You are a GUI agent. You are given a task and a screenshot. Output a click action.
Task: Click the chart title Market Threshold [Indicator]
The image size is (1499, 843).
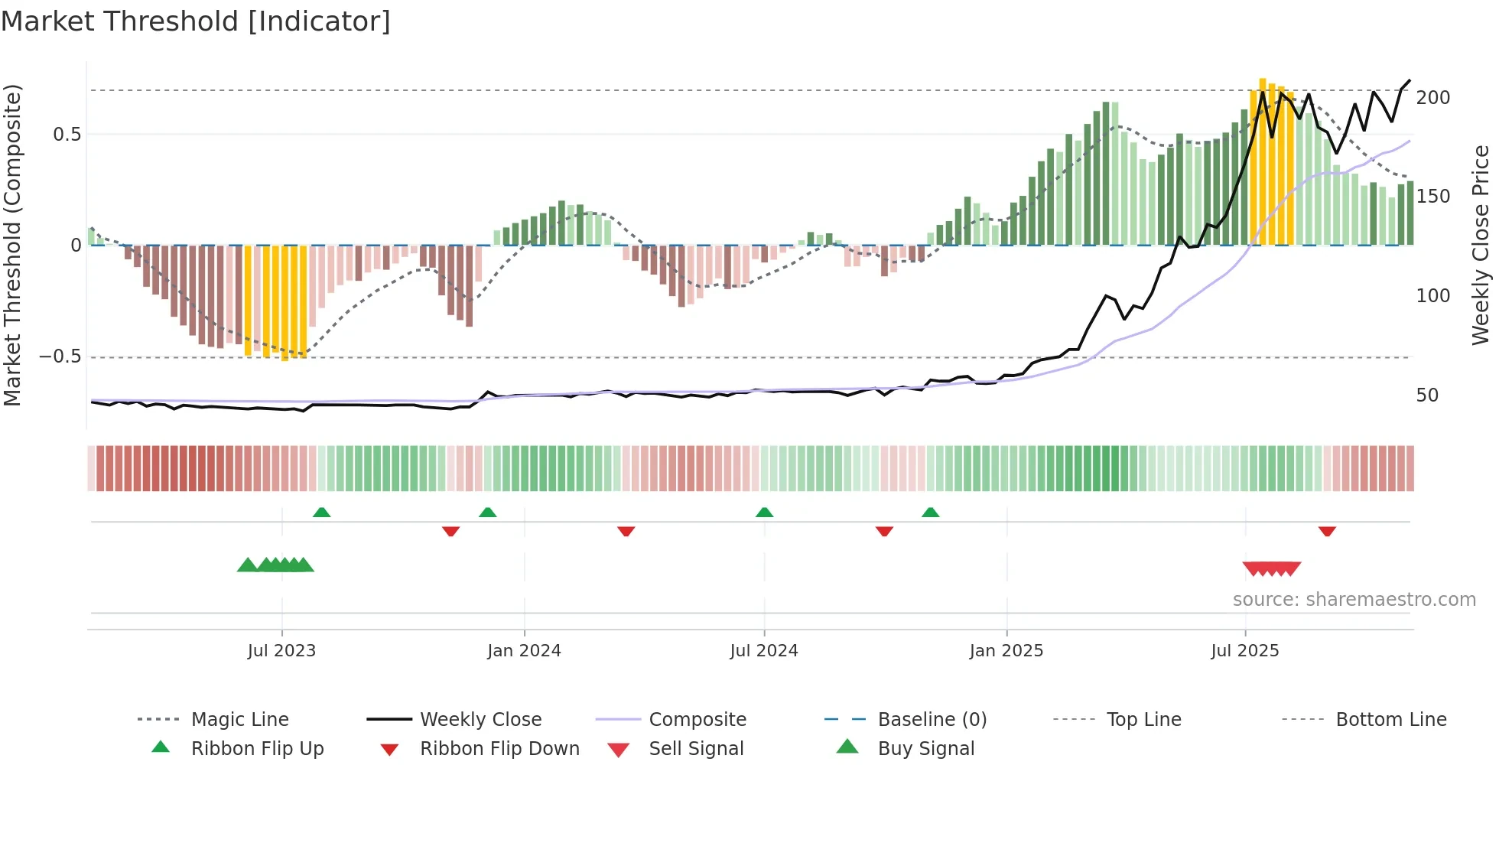point(196,21)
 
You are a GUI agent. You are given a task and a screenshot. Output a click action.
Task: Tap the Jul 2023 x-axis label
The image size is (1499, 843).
point(281,651)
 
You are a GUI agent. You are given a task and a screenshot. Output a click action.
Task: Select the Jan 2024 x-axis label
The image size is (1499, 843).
point(524,651)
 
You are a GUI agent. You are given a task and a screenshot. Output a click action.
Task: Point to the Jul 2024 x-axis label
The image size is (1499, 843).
point(764,651)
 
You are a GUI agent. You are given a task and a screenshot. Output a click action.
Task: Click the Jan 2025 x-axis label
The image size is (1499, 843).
point(1006,651)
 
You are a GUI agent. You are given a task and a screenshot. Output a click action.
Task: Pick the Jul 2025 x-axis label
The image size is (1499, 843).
point(1244,651)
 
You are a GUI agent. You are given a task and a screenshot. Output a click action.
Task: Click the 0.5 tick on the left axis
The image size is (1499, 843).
point(67,135)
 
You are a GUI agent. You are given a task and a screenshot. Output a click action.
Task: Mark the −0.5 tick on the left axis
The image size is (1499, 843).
point(60,356)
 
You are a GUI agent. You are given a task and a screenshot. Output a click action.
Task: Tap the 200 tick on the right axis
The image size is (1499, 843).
point(1432,98)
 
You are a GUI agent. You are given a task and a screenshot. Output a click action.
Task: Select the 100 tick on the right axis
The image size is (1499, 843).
point(1432,296)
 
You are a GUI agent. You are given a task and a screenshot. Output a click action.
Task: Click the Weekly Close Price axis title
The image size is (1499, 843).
point(1481,245)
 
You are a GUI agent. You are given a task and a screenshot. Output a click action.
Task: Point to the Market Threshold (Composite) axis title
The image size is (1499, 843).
point(12,245)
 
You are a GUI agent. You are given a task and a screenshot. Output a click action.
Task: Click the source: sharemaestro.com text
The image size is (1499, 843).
point(1354,600)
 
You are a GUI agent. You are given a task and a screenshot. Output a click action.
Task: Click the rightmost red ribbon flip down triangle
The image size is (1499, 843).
point(1327,531)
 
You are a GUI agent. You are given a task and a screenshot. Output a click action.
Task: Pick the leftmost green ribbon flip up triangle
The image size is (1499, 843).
point(321,513)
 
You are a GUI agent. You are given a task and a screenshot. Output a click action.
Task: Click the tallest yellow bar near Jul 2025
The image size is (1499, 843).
point(1263,161)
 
